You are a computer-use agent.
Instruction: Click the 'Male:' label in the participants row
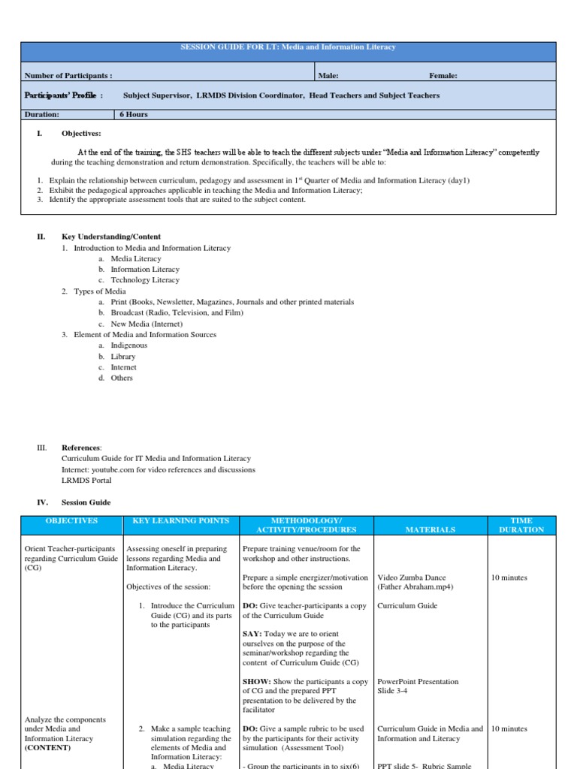point(328,76)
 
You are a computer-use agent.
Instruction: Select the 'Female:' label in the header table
point(443,76)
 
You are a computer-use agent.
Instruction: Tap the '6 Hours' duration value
point(133,115)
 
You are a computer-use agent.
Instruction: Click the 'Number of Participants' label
point(68,76)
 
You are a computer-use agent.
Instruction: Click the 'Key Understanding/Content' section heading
point(111,237)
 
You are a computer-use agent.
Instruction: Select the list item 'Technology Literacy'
point(145,280)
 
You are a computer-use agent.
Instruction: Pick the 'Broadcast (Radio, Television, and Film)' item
point(177,312)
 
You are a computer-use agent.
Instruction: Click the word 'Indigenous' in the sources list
point(129,345)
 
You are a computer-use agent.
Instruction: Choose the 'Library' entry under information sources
point(123,357)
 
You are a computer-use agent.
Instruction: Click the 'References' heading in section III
point(81,448)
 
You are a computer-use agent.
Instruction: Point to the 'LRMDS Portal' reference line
point(85,481)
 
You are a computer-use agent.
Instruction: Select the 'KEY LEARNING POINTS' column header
point(180,520)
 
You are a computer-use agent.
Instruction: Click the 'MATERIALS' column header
point(430,529)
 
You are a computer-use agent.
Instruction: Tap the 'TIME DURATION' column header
point(522,525)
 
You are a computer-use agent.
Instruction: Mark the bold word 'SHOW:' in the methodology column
point(256,682)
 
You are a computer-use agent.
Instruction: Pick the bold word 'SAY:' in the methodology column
point(252,633)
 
